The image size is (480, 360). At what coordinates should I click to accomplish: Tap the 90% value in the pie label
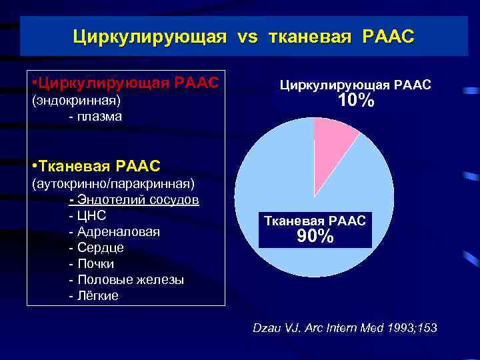coord(315,236)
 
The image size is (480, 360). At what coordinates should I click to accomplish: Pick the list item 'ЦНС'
coord(92,216)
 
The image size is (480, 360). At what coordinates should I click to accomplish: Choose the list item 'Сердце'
coord(101,248)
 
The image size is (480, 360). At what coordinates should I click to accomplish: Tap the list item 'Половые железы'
coord(131,280)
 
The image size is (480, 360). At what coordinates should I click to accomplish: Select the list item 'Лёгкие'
coord(98,296)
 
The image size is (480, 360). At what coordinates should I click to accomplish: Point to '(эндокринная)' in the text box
coord(76,101)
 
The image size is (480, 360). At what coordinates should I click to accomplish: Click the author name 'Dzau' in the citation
coord(269,328)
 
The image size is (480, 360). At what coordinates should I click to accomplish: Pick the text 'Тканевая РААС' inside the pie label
coord(315,221)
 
